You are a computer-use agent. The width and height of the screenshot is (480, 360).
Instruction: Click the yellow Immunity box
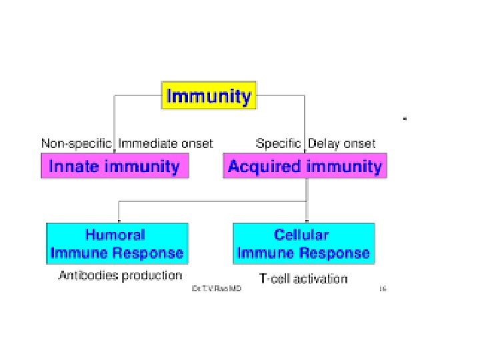coord(209,95)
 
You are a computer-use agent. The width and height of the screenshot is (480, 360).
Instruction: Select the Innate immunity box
coord(115,166)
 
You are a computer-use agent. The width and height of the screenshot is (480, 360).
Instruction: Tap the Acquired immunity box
coord(305,166)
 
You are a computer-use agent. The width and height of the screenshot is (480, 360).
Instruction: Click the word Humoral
coord(115,235)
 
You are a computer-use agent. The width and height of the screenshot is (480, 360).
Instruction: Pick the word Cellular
coord(303,235)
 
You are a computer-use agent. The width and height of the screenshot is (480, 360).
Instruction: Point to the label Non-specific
coord(77,143)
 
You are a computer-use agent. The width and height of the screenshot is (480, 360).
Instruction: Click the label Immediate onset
coord(166,143)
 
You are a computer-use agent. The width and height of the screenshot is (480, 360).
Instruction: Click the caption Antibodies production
coord(120,275)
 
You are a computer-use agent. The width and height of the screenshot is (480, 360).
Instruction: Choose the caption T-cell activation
coord(303,278)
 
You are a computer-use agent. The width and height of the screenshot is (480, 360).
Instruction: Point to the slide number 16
coord(383,289)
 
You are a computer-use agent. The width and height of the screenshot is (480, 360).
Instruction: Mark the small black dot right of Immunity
coord(404,118)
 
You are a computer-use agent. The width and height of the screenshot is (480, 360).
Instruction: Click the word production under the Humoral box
coord(155,275)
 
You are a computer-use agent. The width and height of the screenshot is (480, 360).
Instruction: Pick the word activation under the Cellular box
coord(321,278)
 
